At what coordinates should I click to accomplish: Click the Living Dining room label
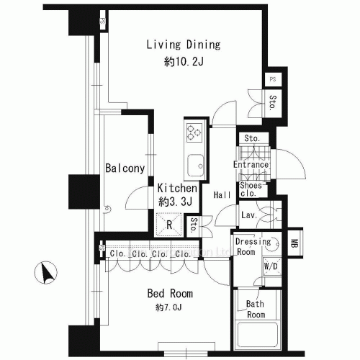click(183, 45)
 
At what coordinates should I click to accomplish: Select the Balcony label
click(125, 168)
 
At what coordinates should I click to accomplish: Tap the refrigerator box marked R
click(168, 225)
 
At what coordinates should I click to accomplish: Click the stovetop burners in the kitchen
click(194, 132)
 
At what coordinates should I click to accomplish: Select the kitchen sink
click(194, 168)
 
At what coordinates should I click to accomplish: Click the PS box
click(273, 79)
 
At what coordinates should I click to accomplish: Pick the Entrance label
click(251, 165)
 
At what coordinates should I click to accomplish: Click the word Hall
click(221, 194)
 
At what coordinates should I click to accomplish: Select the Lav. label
click(250, 215)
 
